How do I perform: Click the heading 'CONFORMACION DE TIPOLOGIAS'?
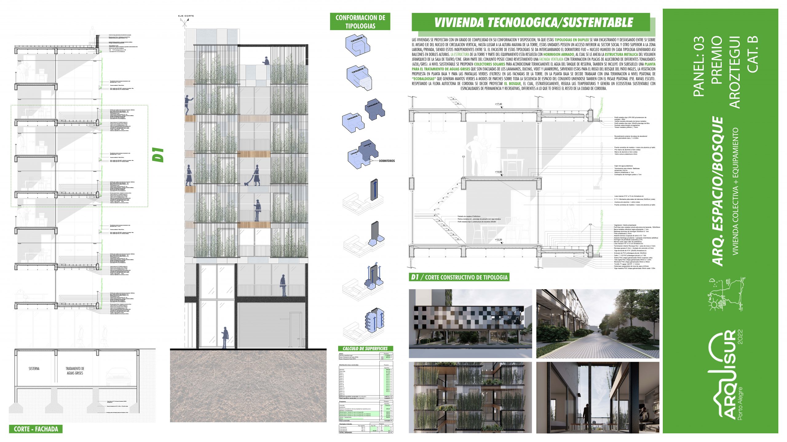tap(360, 22)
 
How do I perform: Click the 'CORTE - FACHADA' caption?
tap(36, 429)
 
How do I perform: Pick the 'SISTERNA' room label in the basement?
tap(34, 368)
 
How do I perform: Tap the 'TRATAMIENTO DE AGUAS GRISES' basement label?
tap(75, 371)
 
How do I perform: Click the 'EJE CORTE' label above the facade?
tap(186, 16)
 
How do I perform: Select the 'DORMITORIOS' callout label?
tap(387, 161)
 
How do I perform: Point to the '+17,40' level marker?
tap(498, 104)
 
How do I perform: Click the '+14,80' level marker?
tap(498, 172)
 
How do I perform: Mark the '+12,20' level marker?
tap(498, 239)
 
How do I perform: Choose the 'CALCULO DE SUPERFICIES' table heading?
tap(365, 349)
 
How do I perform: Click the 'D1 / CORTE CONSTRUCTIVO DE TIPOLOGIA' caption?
tap(459, 277)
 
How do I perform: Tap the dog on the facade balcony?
tap(247, 184)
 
